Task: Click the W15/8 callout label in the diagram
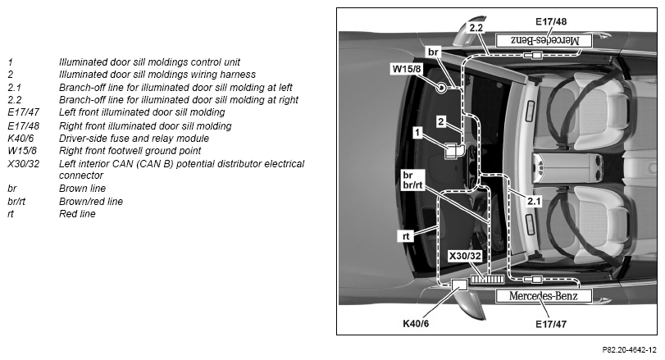point(407,69)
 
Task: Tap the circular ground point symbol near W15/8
point(441,89)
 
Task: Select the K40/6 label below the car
point(416,324)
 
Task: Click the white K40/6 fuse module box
point(459,285)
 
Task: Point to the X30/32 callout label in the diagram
point(465,256)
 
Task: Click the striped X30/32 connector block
point(487,279)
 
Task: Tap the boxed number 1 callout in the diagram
point(417,133)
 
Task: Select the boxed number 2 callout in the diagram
point(441,121)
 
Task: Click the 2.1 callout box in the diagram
point(534,201)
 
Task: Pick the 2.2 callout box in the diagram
point(476,28)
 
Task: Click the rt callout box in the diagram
point(406,236)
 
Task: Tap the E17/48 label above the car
point(551,21)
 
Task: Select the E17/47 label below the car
point(551,324)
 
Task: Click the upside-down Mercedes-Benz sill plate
point(544,41)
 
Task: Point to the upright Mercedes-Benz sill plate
point(544,296)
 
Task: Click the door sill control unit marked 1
point(452,151)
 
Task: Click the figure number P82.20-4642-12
point(629,350)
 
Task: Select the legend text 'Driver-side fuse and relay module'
point(134,139)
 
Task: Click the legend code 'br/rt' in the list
point(16,202)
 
